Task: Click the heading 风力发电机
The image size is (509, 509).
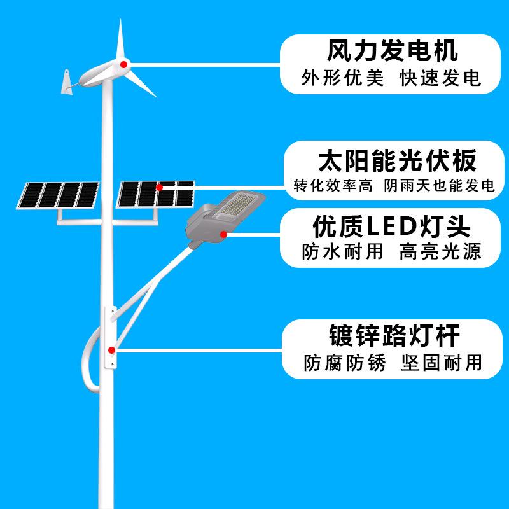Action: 392,50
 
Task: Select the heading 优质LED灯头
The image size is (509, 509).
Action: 391,225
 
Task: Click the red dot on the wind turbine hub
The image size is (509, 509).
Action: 123,64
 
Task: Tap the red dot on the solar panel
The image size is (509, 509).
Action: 159,187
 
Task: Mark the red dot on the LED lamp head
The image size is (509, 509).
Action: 223,234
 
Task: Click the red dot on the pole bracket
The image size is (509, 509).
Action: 111,349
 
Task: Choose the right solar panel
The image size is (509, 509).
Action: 156,194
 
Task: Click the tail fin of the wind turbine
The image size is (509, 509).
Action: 66,82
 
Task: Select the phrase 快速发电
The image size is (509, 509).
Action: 440,78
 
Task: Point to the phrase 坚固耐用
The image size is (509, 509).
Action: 442,363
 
